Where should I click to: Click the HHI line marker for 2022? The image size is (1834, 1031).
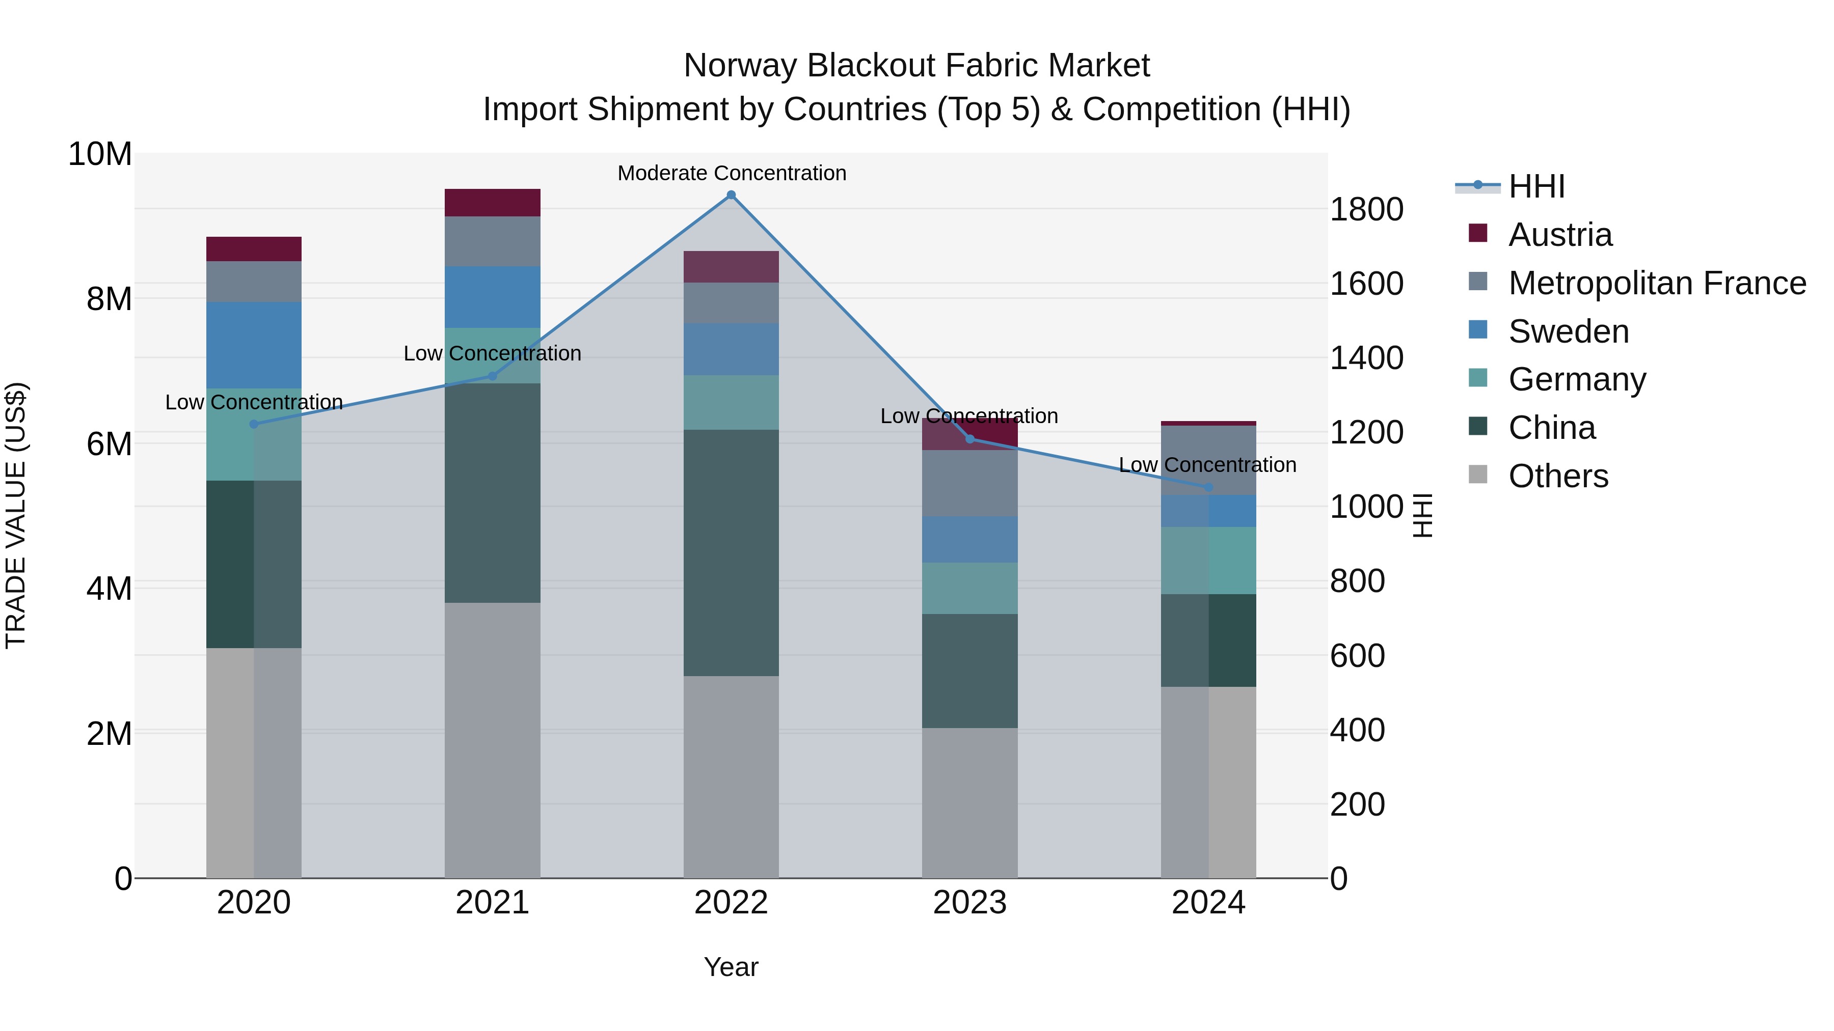731,195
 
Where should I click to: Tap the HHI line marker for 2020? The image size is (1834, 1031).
254,424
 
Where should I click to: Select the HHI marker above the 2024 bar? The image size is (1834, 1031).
1208,487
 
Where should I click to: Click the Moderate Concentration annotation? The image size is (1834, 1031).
731,173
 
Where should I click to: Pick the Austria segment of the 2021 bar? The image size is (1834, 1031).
493,203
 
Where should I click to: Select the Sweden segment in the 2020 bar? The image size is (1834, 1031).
254,345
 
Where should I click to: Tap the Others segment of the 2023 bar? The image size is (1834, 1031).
969,802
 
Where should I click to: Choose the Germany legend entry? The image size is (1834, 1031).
1577,379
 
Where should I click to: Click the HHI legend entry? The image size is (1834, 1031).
1536,186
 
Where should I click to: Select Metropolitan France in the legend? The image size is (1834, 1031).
1657,283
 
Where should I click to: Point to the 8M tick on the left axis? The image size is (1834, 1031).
109,299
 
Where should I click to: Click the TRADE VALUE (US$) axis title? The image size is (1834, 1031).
16,515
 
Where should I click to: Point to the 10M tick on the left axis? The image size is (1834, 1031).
100,154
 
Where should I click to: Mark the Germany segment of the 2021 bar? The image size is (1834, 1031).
493,355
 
